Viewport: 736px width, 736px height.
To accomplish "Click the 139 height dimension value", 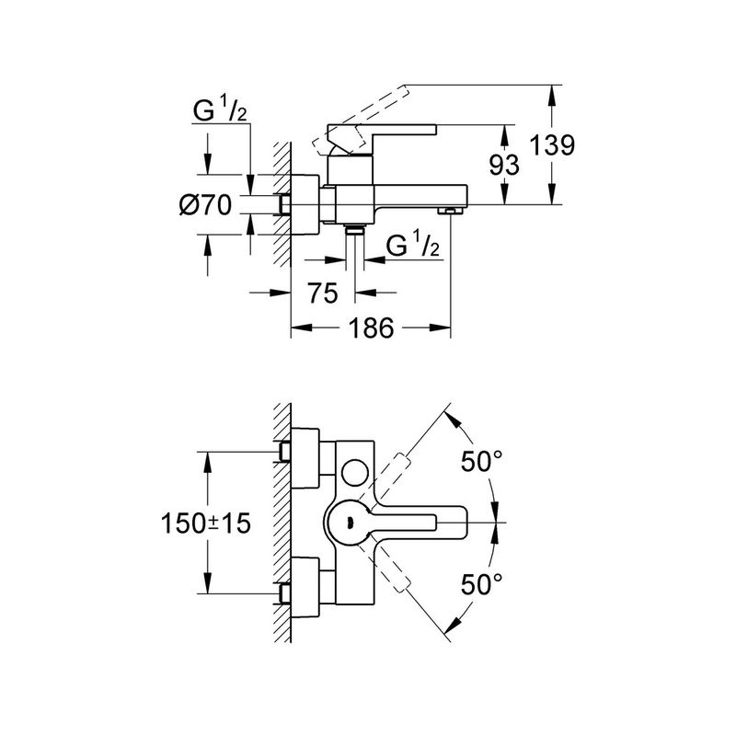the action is point(552,144).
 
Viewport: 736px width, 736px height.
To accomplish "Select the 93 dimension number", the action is point(504,165).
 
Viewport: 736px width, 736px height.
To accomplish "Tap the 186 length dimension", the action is point(371,328).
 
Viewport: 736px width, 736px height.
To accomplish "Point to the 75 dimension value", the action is point(323,293).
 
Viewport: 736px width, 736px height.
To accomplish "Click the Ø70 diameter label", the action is point(205,204).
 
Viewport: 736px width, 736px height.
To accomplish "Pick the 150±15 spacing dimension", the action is point(206,523).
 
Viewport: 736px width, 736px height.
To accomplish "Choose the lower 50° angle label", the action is point(481,584).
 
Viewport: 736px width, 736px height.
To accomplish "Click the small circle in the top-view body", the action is point(356,473).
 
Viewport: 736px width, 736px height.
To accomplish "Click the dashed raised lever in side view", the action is point(361,121).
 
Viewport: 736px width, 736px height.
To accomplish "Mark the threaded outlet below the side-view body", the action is point(355,231).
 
